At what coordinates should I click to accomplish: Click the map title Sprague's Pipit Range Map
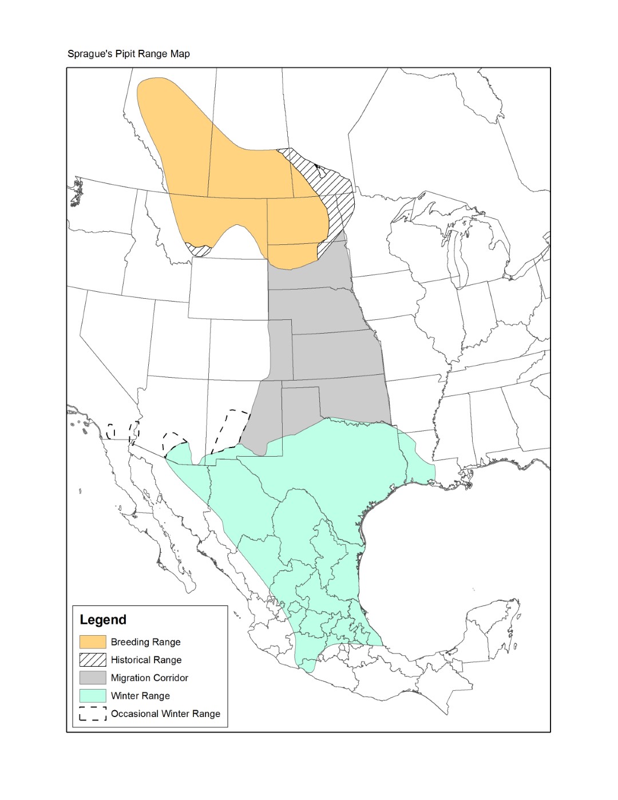128,54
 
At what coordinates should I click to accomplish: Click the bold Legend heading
103,620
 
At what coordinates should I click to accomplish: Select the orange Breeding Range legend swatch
93,642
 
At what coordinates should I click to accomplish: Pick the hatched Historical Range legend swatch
93,660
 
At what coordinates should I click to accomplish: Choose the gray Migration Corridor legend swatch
93,678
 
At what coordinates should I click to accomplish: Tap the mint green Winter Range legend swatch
93,696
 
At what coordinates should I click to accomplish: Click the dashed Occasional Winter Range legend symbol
93,714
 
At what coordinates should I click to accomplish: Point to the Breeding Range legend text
145,642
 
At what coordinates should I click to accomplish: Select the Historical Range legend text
146,660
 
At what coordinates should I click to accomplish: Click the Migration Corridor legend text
149,678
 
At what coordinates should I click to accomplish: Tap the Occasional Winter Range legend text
165,714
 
